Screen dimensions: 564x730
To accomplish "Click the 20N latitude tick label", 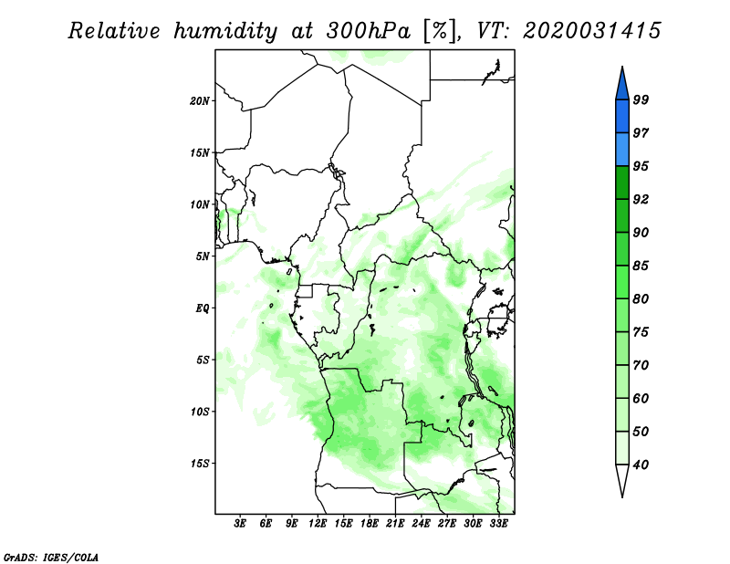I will point(201,100).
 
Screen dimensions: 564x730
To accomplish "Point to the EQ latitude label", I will point(203,308).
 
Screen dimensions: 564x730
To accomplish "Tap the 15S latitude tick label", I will point(201,463).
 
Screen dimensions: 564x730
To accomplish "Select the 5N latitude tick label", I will point(203,256).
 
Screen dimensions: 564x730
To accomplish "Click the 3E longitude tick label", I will point(241,524).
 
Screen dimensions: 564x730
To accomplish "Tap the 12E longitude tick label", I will point(318,524).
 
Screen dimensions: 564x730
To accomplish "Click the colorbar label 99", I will point(641,99).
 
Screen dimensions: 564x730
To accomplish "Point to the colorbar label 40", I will point(641,465).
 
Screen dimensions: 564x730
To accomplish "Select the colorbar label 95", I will point(641,166).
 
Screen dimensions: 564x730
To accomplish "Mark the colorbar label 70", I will point(641,365).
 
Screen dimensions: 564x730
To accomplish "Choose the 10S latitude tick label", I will point(201,411).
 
